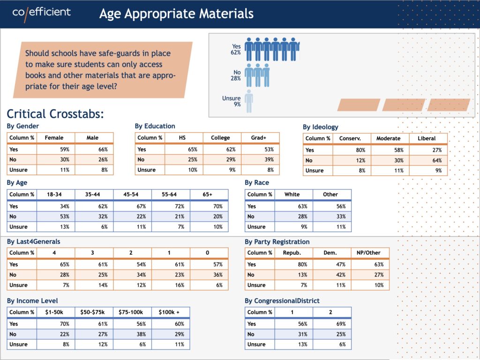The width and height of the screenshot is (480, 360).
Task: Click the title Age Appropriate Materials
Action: coord(176,14)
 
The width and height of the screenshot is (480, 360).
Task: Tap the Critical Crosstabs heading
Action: coord(55,114)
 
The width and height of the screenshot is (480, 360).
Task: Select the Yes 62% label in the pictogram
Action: coord(236,49)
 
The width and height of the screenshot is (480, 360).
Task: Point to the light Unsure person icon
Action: coord(249,101)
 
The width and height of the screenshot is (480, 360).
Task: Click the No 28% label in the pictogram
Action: coord(236,75)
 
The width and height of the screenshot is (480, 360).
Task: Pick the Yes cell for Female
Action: coord(56,150)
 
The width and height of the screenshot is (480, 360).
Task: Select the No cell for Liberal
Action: coord(428,160)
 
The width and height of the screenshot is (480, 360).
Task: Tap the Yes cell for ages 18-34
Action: coord(56,206)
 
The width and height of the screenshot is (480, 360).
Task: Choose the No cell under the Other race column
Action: coord(332,217)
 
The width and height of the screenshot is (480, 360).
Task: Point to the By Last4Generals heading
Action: coord(34,241)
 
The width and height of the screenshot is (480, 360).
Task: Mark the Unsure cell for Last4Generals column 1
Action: coord(171,285)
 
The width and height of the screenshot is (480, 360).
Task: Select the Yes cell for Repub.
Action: coord(294,264)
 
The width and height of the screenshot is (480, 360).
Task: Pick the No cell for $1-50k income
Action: coord(56,334)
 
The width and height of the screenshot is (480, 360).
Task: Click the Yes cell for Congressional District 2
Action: coord(332,324)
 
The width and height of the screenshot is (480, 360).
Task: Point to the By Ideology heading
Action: coord(321,127)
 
